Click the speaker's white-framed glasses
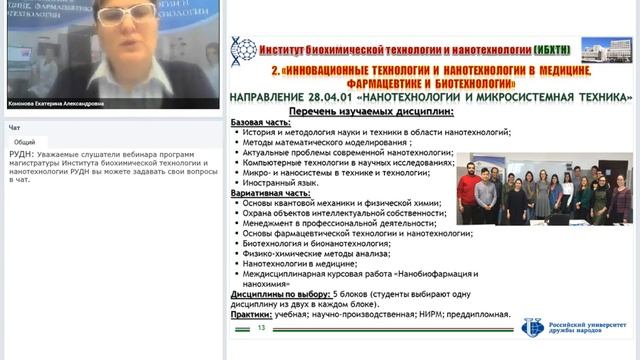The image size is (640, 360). point(127,15)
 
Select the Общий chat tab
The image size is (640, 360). point(25,143)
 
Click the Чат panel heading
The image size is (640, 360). point(14,128)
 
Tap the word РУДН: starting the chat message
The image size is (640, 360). point(20,156)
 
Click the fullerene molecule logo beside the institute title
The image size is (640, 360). point(242,49)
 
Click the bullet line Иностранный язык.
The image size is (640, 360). point(287,184)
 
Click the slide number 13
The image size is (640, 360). point(262,328)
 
